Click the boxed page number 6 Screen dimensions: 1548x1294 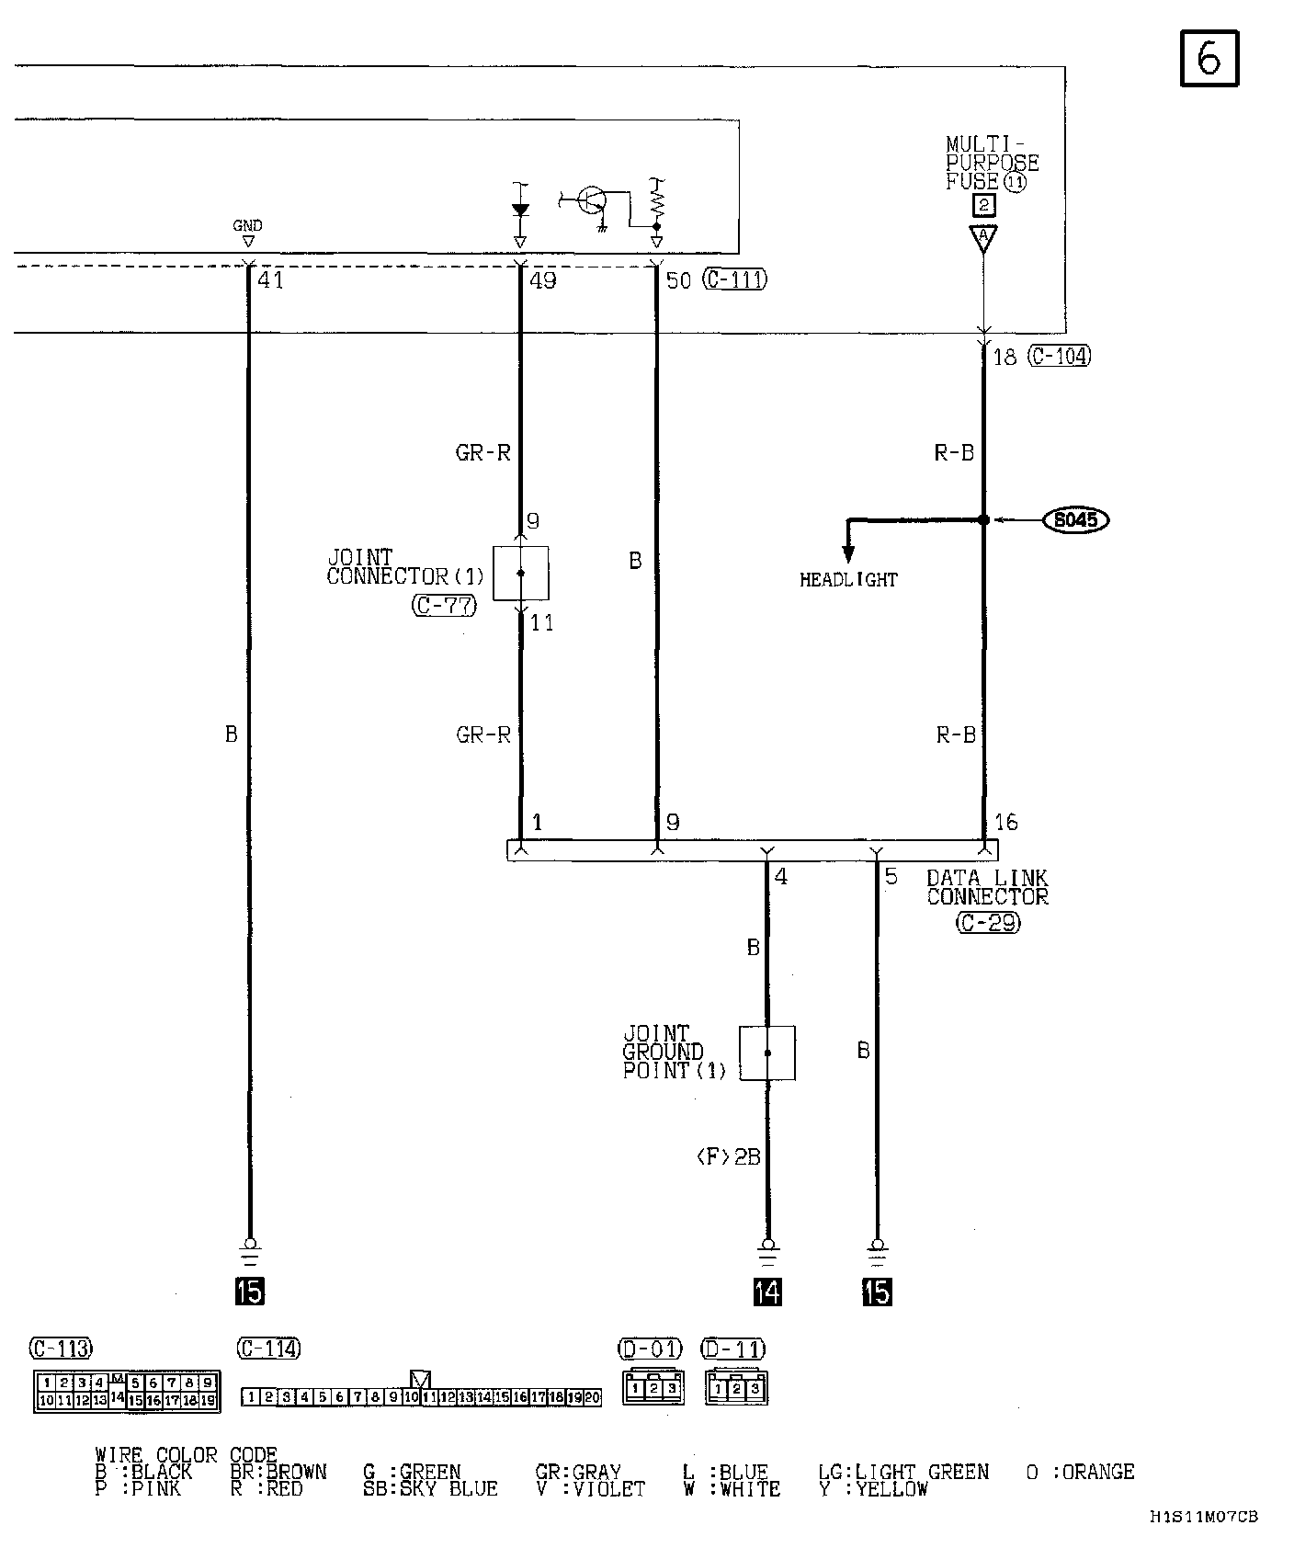(x=1209, y=59)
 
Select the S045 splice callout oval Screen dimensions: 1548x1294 (x=1076, y=520)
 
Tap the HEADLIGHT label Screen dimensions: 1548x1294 (x=847, y=580)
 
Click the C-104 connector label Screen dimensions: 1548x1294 (x=1060, y=356)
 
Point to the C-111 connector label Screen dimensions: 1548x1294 (x=734, y=279)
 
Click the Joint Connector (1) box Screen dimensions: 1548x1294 (x=521, y=573)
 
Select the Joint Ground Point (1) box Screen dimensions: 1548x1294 (x=767, y=1053)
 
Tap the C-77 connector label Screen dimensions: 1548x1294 (x=444, y=606)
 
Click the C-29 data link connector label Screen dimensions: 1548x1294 (x=988, y=922)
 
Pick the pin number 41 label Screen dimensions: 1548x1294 (x=270, y=280)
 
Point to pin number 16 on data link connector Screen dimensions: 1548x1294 (x=1006, y=822)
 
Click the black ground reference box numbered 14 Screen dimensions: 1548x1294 (x=767, y=1292)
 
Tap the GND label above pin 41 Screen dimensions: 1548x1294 (x=247, y=225)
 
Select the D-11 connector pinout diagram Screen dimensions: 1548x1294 (x=736, y=1387)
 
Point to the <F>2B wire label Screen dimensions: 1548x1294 (x=729, y=1157)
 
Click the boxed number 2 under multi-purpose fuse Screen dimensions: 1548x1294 (x=983, y=205)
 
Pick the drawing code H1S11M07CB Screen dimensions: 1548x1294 (x=1203, y=1516)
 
